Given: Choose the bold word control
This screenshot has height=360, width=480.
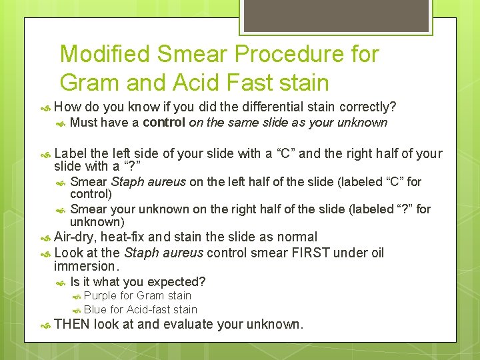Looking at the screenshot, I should [x=164, y=122].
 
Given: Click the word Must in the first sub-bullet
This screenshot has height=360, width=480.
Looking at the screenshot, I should [x=85, y=122].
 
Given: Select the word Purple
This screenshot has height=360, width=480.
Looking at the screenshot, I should [x=101, y=295].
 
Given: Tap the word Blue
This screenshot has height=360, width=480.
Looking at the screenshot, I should [x=95, y=309].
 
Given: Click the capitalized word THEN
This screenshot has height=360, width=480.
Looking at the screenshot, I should [x=72, y=325].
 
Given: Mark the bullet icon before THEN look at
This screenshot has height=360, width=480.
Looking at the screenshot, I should [x=45, y=325].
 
